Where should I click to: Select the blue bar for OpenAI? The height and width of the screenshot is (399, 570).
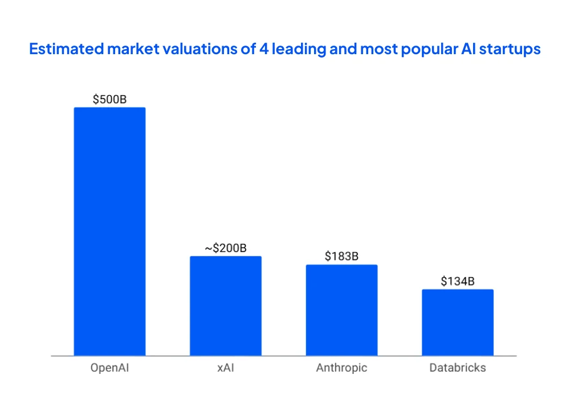tap(109, 231)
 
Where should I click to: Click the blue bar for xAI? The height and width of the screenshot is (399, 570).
tap(226, 306)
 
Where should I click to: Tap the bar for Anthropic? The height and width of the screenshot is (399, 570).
tap(341, 310)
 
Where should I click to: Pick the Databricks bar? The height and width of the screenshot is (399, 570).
tap(458, 323)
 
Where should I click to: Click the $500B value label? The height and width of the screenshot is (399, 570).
tap(109, 99)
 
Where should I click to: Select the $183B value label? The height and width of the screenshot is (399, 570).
tap(341, 256)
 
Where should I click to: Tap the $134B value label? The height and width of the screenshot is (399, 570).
tap(458, 281)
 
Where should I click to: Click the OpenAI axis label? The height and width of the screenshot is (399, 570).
tap(109, 368)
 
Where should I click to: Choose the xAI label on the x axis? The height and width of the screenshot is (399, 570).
tap(226, 368)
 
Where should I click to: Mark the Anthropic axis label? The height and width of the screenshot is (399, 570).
tap(341, 368)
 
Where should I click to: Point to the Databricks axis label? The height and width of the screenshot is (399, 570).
tap(458, 368)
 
